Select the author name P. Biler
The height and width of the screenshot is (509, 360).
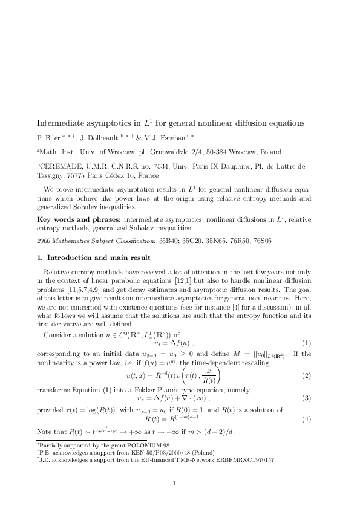pos(50,138)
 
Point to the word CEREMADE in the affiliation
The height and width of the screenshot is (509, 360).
pos(59,165)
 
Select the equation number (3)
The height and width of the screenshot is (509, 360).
pos(306,399)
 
